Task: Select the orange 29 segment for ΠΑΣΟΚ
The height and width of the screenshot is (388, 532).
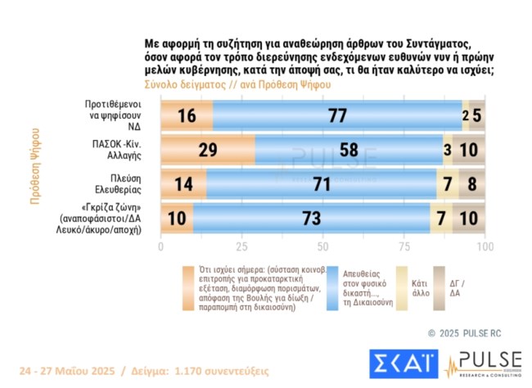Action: pos(207,151)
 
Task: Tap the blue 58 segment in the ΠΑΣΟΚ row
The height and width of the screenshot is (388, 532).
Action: pos(349,151)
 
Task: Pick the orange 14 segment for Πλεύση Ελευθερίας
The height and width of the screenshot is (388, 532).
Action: pos(183,185)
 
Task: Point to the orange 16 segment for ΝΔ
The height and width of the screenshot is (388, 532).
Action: pos(187,115)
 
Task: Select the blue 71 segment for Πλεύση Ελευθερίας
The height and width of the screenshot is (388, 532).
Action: pos(322,185)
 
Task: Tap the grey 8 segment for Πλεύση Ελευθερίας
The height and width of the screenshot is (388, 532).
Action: pos(472,185)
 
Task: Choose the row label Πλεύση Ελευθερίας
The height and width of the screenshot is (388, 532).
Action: pos(115,185)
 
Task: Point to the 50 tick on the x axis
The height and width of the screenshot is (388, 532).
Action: pos(323,246)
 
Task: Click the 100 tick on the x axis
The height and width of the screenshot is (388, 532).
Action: pos(485,246)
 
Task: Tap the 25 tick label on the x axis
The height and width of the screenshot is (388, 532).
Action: pos(242,246)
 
